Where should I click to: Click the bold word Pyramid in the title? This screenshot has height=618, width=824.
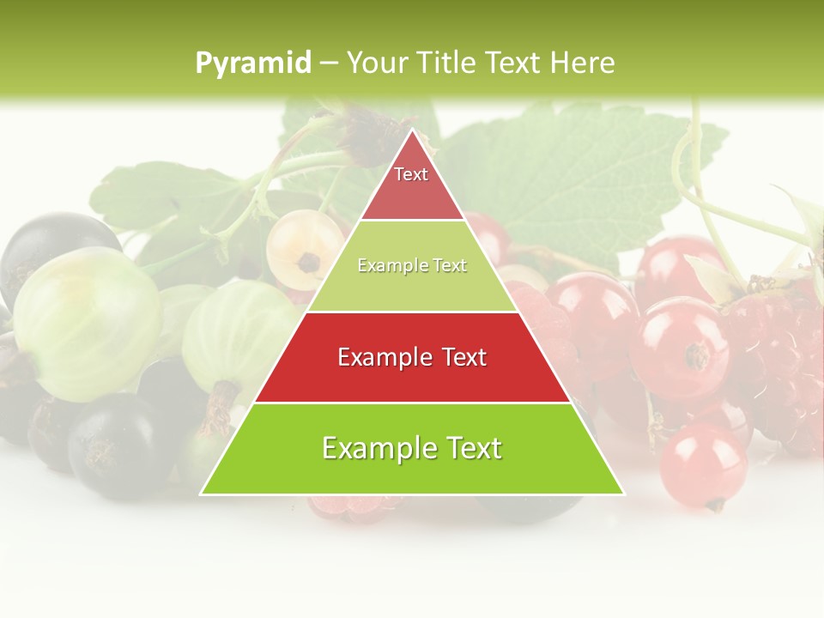pyautogui.click(x=252, y=64)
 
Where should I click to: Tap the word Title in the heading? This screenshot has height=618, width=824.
pyautogui.click(x=447, y=63)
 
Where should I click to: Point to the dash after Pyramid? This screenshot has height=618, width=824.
pyautogui.click(x=328, y=64)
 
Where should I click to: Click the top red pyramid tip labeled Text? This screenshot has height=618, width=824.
pyautogui.click(x=412, y=185)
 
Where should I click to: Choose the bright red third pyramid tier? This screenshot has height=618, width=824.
pyautogui.click(x=412, y=357)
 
